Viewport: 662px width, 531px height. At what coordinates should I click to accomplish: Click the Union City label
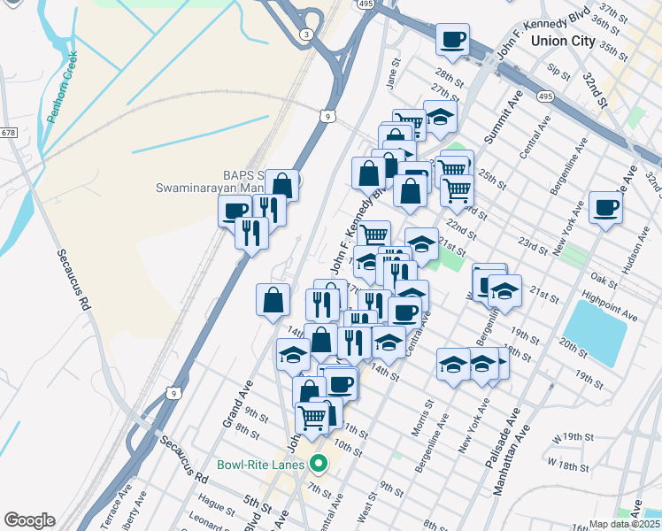(x=563, y=41)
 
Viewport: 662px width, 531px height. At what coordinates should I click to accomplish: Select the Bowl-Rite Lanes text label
(x=261, y=464)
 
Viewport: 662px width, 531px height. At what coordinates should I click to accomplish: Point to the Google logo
(x=29, y=520)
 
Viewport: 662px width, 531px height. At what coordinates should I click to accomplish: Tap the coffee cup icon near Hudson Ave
(x=606, y=208)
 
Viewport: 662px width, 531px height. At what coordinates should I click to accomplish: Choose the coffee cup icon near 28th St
(x=452, y=40)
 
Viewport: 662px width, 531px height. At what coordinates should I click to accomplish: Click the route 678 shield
(x=9, y=133)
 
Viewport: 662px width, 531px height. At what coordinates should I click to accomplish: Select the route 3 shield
(x=306, y=34)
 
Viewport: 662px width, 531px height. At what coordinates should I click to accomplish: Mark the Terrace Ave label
(x=113, y=505)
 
